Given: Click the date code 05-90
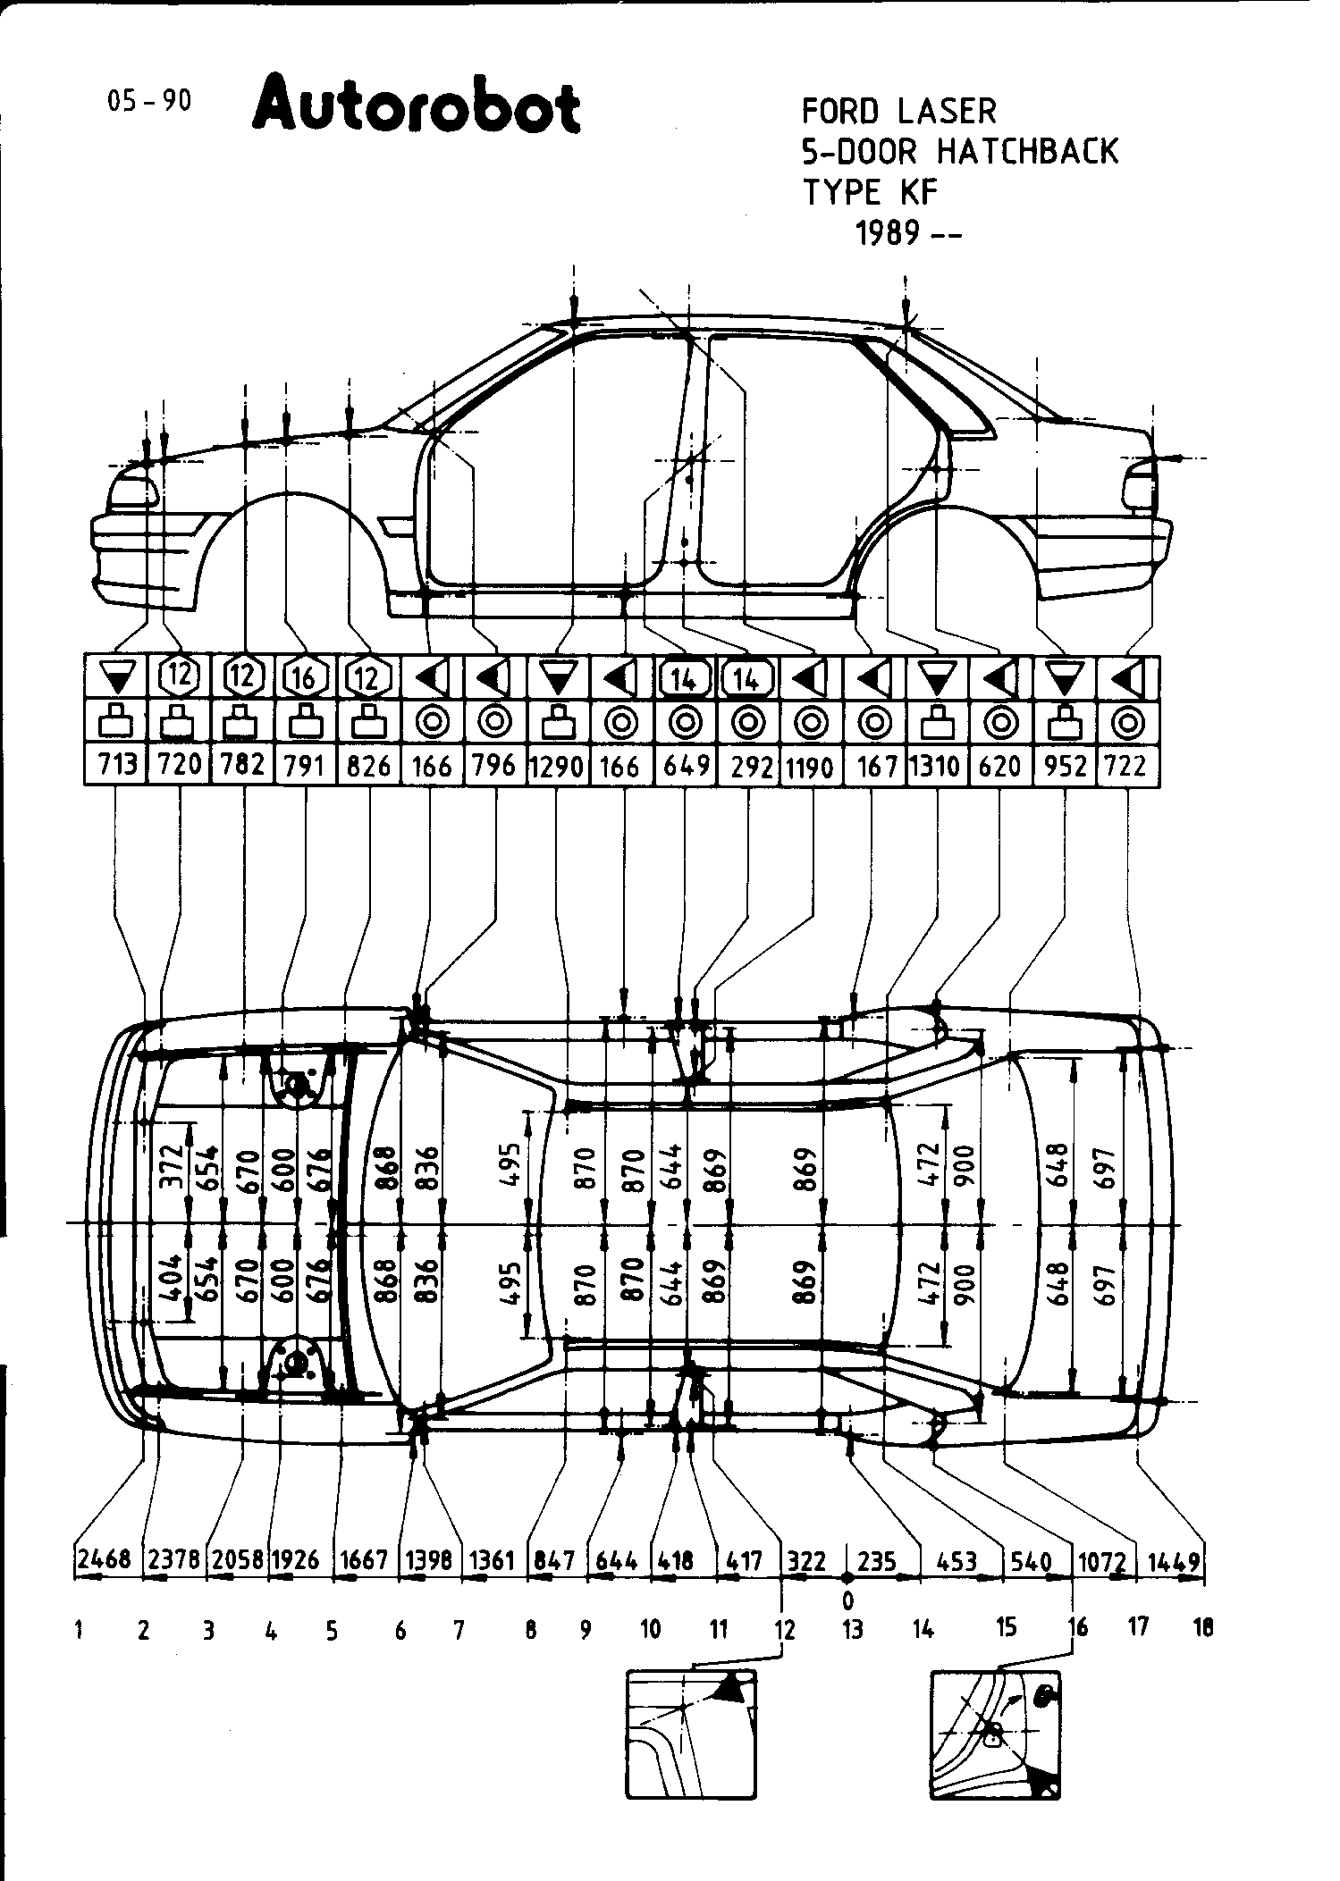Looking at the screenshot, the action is coord(149,101).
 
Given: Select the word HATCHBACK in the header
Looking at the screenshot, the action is coord(1027,152).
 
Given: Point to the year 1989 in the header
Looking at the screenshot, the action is coord(889,233).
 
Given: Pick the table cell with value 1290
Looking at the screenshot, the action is coord(557,766).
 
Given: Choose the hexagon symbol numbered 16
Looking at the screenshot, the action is coord(305,677).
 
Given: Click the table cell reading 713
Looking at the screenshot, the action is coord(116,766).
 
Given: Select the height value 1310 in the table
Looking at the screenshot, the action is coord(936,766).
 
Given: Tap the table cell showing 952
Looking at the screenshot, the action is coord(1065,766).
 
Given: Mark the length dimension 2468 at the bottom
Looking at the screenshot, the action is coord(105,1560).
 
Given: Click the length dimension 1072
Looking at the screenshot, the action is coord(1100,1561).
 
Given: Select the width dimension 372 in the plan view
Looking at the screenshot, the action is coord(172,1163).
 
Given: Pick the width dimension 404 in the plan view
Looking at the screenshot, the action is coord(172,1280).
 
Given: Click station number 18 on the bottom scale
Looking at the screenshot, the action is coord(1203,1628).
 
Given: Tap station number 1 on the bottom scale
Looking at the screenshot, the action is coord(80,1631).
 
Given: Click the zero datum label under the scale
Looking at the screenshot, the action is coord(847,1600).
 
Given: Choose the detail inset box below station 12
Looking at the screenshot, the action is coord(691,1733).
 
